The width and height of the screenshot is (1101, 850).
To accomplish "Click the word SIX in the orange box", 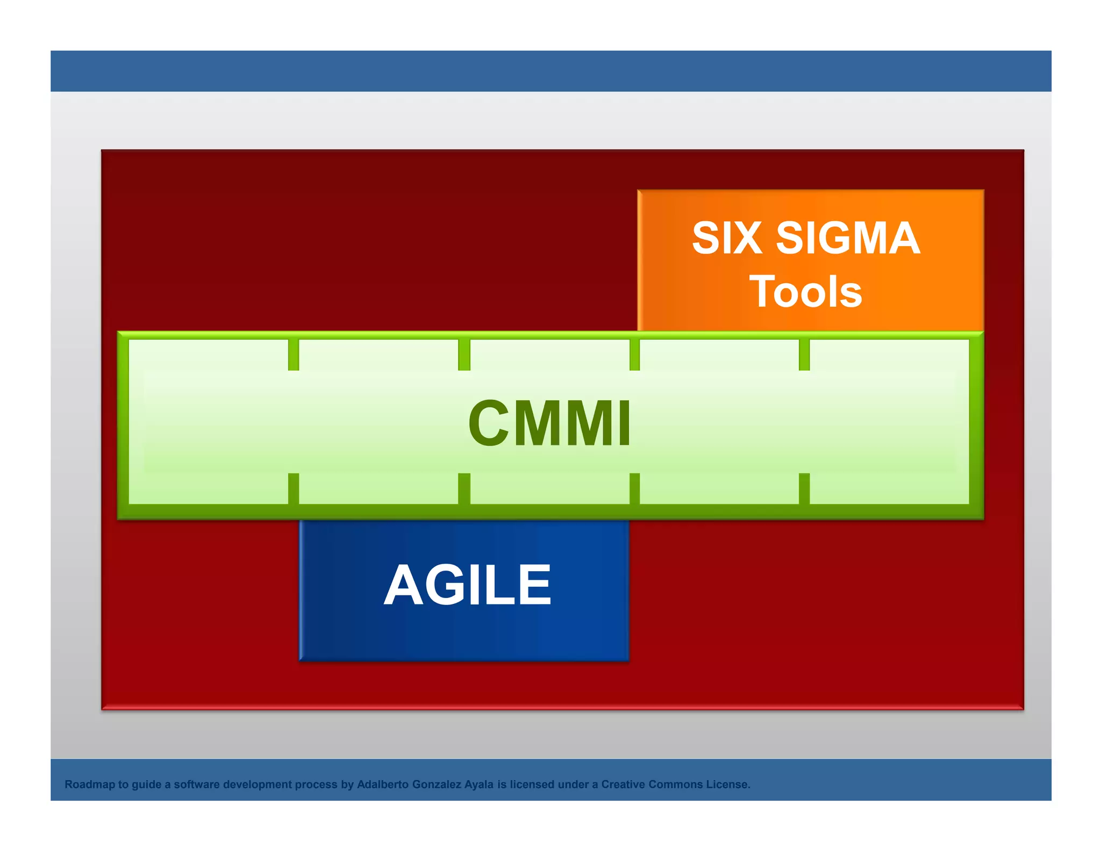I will pos(726,238).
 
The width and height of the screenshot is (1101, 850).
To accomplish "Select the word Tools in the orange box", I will pos(805,292).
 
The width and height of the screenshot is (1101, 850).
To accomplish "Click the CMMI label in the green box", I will pos(549,423).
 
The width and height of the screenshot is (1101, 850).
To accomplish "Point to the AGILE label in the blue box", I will pos(467,585).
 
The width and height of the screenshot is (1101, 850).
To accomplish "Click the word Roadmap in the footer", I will pos(90,784).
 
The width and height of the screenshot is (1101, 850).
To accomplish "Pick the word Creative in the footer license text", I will pos(623,784).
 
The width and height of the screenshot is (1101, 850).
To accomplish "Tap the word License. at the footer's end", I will pos(728,784).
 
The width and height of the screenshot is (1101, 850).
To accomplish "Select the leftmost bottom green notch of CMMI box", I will pos(294,488).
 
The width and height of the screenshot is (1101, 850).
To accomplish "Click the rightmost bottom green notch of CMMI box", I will pos(804,488).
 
